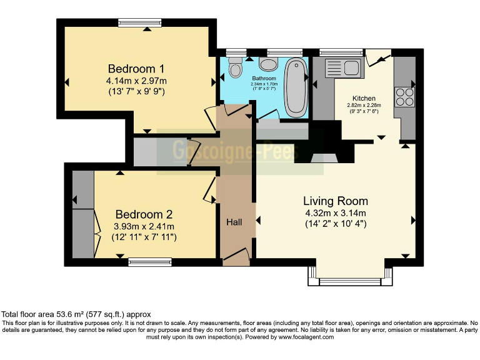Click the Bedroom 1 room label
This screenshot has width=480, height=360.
click(137, 68)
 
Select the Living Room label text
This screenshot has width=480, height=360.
click(335, 201)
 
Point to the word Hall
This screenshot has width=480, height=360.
click(234, 222)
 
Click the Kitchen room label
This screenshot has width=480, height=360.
click(364, 98)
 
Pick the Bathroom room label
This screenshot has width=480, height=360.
click(264, 78)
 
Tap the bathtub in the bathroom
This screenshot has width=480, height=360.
click(295, 87)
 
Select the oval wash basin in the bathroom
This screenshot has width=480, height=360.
click(269, 65)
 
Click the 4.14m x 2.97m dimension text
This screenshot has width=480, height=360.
click(137, 81)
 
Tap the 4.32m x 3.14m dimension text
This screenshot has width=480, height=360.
click(335, 212)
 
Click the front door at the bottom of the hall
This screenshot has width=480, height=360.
click(237, 256)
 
